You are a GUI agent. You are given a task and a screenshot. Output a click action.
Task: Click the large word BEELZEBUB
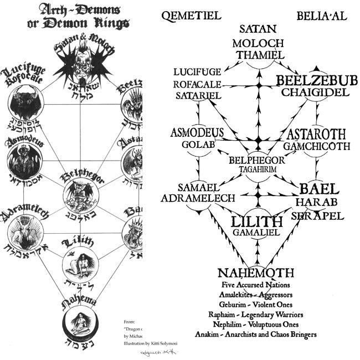(317, 81)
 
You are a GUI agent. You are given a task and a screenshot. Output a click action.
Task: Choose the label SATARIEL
(198, 96)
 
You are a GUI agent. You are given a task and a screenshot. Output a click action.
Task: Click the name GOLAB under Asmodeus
(194, 145)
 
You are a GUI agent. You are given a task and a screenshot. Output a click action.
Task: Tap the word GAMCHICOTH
(317, 146)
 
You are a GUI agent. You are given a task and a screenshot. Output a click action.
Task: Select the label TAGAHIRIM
(257, 170)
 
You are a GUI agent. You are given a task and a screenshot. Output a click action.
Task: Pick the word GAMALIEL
(256, 233)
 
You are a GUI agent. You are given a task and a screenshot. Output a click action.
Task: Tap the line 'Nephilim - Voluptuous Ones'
(255, 325)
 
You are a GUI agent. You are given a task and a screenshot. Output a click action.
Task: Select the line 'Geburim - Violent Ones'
(255, 305)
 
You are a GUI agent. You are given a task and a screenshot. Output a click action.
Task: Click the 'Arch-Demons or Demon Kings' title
(78, 16)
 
